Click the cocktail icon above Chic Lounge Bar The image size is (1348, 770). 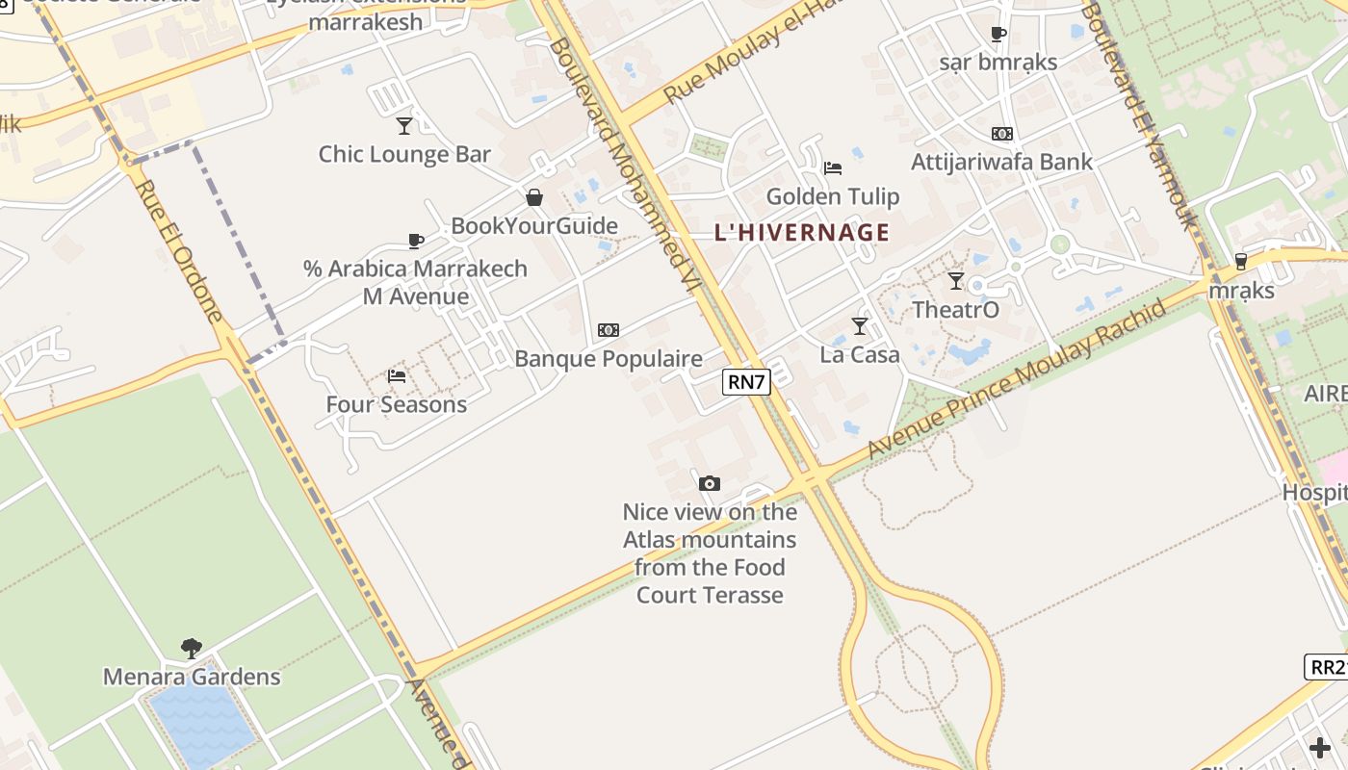pos(404,125)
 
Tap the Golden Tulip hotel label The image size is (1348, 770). pos(833,196)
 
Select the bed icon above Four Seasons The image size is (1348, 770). pos(396,375)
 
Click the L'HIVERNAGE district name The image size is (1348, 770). pos(802,232)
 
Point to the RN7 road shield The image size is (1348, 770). pos(746,382)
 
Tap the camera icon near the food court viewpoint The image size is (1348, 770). pos(709,483)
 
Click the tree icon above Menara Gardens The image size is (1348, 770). pos(192,648)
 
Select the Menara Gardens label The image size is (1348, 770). pos(192,677)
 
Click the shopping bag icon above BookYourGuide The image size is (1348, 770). pos(534,197)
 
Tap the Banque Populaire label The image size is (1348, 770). pos(609,359)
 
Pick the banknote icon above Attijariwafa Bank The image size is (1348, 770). pos(1002,134)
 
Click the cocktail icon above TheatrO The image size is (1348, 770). pos(955,281)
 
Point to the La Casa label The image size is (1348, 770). pos(860,354)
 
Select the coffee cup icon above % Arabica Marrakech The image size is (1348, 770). pos(416,241)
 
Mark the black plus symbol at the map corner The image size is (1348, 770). pos(1320,747)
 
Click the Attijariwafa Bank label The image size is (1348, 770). pos(1001,161)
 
